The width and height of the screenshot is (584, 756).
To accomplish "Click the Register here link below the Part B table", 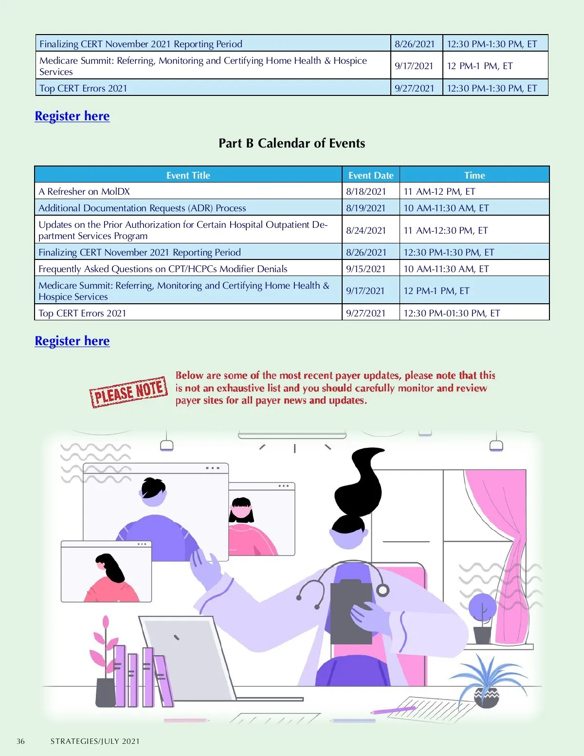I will (72, 341).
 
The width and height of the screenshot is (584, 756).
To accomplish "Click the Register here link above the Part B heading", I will (72, 116).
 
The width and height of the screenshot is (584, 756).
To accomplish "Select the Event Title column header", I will (188, 175).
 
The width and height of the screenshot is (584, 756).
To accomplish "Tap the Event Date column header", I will (370, 175).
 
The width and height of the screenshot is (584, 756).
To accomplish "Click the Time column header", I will (474, 175).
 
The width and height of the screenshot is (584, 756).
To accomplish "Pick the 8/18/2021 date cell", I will (366, 191).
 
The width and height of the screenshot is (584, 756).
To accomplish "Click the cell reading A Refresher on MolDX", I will (84, 191).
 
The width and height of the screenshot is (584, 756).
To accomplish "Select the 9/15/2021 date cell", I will (365, 269).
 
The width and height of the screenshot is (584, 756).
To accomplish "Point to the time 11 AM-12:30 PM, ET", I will (445, 230).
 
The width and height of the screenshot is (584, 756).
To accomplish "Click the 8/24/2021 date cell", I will (366, 230).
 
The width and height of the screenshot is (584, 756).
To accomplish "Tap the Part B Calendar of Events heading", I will (292, 143).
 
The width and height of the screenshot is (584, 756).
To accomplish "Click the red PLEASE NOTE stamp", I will (128, 391).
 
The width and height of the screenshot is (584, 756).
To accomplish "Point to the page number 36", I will (20, 741).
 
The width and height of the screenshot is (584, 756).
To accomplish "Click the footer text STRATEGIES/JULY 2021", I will (95, 741).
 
